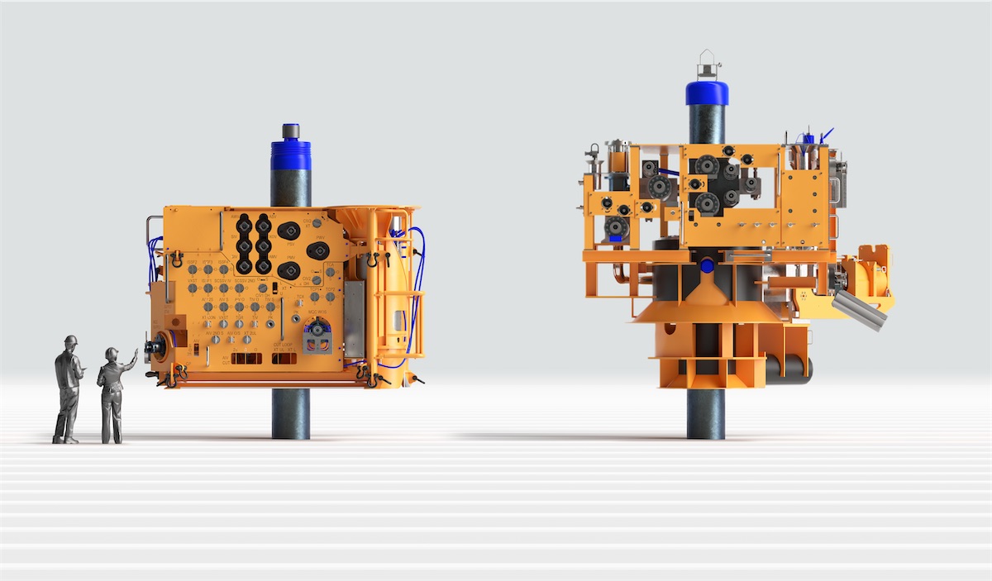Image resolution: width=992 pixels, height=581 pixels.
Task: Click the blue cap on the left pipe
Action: [291, 155]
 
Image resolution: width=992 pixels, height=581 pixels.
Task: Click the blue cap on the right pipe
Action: [707, 92]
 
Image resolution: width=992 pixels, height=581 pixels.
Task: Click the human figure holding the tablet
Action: [68, 388]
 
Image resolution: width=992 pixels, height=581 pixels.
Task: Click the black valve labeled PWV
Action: [318, 250]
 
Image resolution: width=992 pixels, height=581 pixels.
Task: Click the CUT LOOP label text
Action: [284, 344]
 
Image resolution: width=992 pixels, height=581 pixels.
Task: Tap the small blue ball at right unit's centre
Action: [707, 266]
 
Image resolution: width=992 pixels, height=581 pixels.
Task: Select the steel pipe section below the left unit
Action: [290, 413]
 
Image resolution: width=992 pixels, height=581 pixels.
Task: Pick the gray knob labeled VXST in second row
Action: [193, 288]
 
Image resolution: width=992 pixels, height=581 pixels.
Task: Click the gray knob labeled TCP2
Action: [330, 297]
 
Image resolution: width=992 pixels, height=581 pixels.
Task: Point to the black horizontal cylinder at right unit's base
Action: [789, 370]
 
